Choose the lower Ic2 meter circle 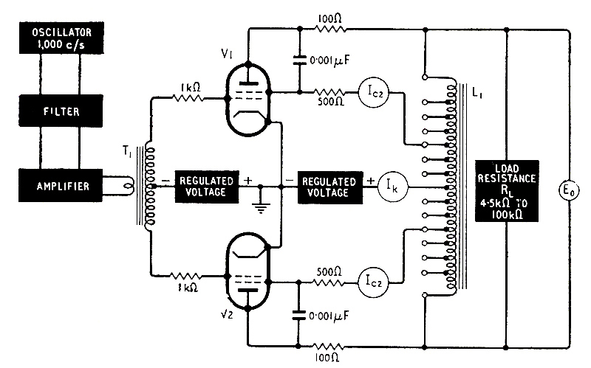click(372, 280)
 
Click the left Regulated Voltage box click(206, 186)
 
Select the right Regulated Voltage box click(329, 186)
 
